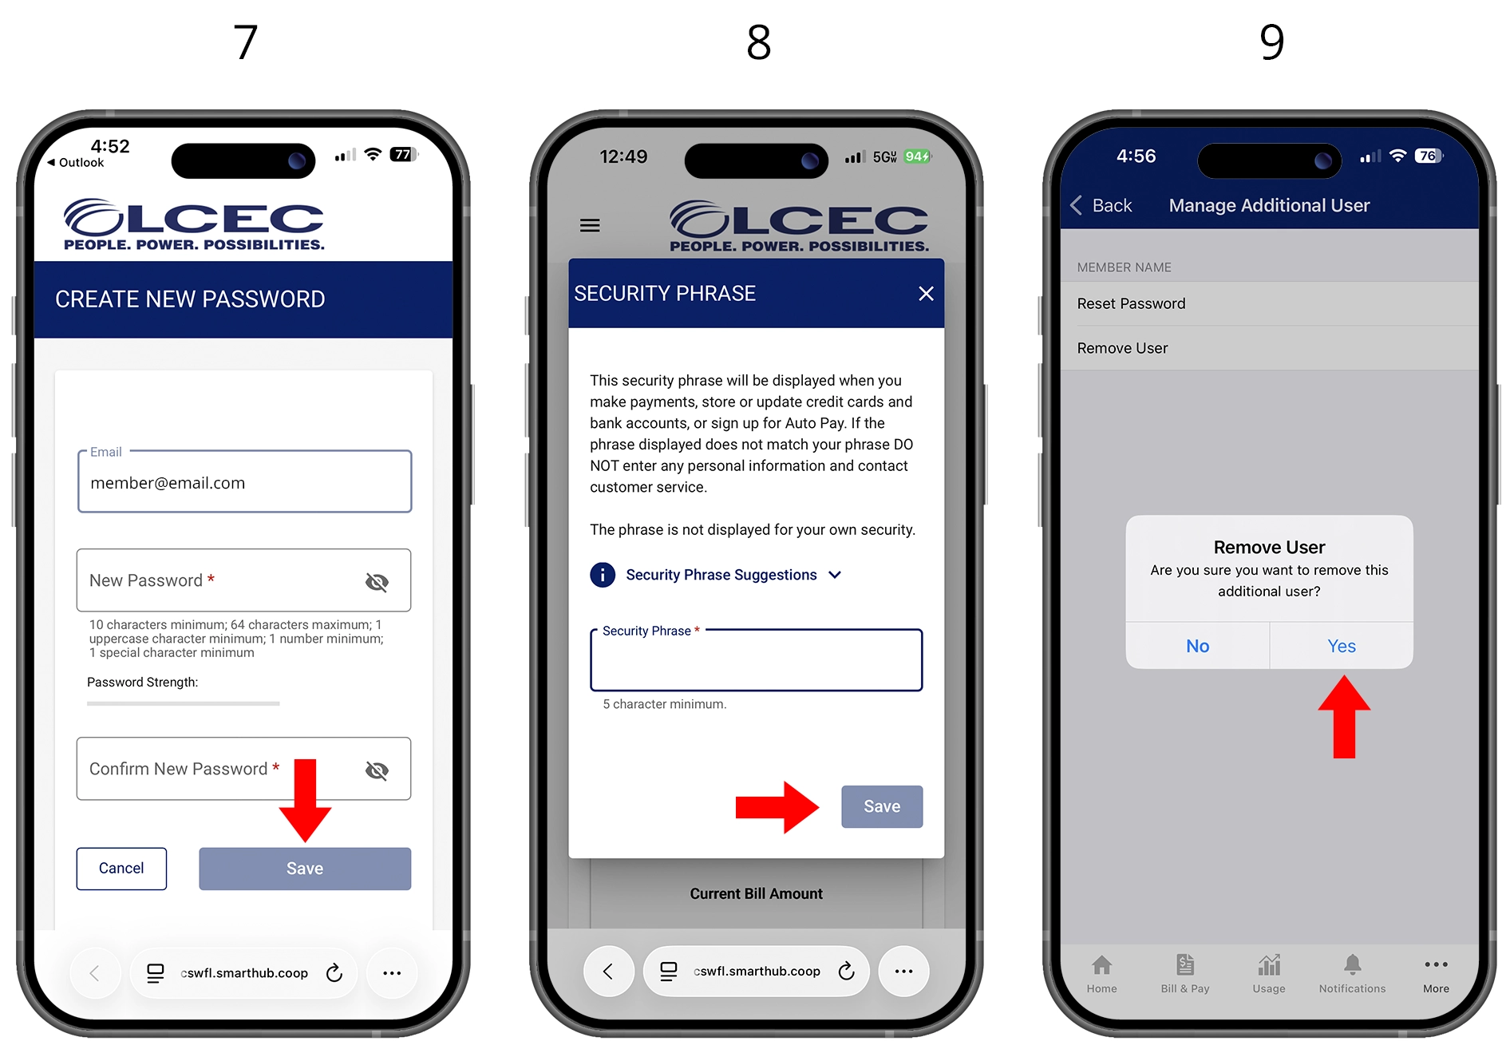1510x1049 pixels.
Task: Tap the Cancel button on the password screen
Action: click(121, 869)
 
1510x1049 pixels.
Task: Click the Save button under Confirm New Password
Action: click(305, 869)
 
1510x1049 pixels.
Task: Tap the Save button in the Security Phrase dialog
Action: click(882, 806)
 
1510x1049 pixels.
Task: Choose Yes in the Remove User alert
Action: click(1342, 646)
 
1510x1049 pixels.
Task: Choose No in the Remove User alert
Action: click(1197, 646)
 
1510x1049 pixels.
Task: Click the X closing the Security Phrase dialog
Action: click(926, 294)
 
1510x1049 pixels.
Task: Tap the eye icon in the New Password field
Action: click(377, 582)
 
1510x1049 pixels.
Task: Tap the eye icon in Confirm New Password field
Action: click(377, 770)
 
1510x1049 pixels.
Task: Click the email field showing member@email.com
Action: click(244, 482)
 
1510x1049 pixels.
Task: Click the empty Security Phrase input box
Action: click(756, 660)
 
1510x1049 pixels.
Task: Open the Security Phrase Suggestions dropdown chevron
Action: click(835, 575)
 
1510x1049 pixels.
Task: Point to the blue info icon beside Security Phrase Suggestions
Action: click(603, 575)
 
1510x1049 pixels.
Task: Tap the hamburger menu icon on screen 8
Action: click(590, 226)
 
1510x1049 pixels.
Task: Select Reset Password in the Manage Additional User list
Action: click(1131, 303)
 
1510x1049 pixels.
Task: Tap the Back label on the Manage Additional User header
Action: click(1112, 206)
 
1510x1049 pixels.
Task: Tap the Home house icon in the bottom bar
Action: click(1101, 965)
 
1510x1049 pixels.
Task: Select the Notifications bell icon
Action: click(1352, 965)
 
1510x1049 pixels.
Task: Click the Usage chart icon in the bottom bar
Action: click(1269, 965)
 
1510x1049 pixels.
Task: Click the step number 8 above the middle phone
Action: click(759, 42)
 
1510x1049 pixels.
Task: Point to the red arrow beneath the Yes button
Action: click(1344, 717)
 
